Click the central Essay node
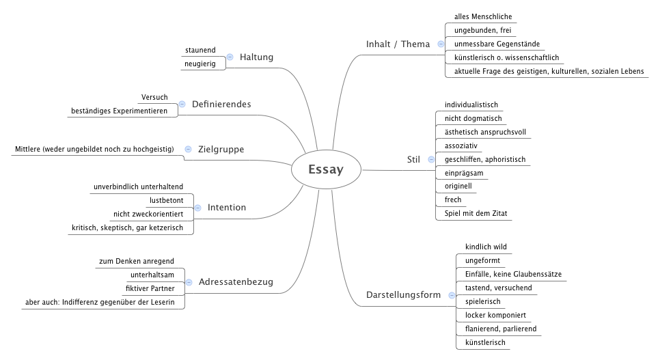(326, 170)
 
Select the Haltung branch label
(256, 57)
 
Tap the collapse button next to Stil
(431, 159)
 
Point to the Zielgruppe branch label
(221, 149)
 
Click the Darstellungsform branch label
(402, 295)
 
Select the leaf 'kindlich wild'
(486, 247)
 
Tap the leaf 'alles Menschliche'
(482, 16)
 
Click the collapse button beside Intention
(197, 208)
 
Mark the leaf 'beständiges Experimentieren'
(119, 111)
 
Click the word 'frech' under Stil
(453, 199)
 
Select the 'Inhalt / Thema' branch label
(398, 44)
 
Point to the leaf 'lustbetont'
(166, 200)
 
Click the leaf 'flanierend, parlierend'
(500, 329)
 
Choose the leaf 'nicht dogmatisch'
(473, 118)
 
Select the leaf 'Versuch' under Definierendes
(154, 97)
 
